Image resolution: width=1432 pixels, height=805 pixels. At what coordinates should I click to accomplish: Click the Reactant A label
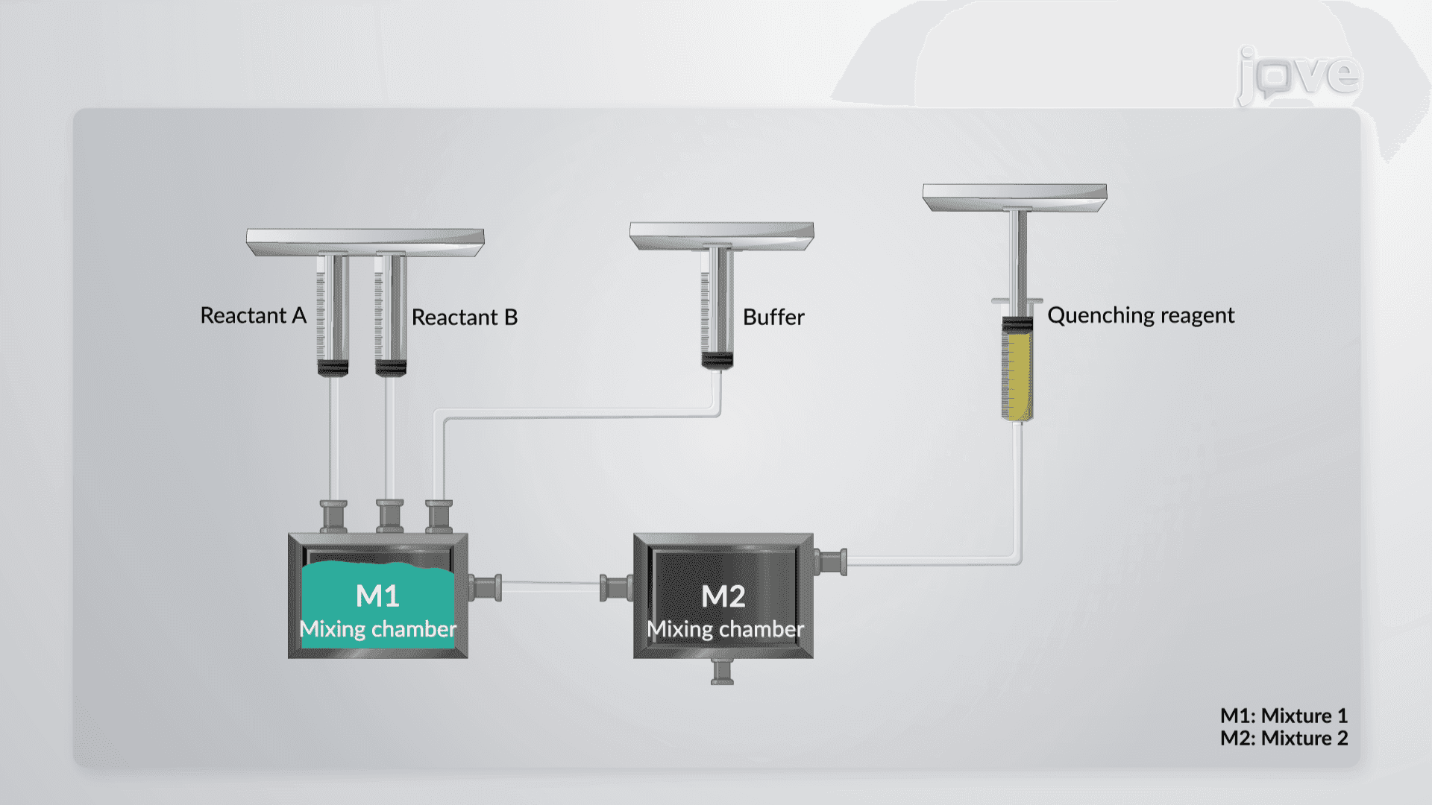[254, 316]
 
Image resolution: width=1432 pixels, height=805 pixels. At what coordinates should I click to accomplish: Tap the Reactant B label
[465, 318]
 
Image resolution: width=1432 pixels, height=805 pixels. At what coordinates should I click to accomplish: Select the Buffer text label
[773, 318]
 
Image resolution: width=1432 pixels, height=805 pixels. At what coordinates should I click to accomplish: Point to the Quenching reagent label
[1141, 316]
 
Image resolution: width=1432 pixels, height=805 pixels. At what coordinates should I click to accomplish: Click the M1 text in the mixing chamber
[378, 596]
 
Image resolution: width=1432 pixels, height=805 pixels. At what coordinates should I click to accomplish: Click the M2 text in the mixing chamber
[723, 596]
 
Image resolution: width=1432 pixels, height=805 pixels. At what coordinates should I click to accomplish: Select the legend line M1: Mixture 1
[1284, 716]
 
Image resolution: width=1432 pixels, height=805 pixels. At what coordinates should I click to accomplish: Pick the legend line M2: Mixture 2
[1284, 739]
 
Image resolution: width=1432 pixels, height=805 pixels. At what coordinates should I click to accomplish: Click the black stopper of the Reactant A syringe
[333, 367]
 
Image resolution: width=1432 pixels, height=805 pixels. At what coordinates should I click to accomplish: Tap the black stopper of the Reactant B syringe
[391, 367]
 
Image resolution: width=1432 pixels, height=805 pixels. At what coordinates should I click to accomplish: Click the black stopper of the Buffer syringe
[717, 361]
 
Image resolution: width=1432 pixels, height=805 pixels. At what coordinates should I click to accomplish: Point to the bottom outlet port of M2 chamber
[722, 672]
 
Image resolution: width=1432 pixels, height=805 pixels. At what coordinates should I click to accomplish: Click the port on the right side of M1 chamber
[485, 588]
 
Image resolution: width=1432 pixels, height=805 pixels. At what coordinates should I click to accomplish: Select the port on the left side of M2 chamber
[617, 588]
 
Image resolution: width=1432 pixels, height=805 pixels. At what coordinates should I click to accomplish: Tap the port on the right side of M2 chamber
[830, 562]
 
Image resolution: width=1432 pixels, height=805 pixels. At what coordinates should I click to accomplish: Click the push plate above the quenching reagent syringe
[1015, 198]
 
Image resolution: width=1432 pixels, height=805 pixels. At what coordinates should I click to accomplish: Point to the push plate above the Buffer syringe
[722, 236]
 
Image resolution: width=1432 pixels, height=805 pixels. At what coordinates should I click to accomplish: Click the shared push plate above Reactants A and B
[365, 242]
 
